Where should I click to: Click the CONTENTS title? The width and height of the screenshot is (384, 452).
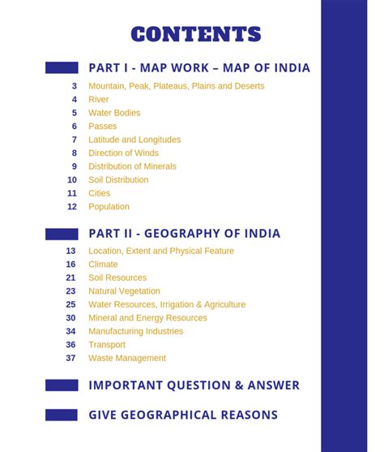coord(195,34)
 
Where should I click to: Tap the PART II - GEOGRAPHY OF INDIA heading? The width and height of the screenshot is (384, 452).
coord(184,234)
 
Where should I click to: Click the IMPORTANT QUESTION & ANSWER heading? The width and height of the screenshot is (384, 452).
coord(194,385)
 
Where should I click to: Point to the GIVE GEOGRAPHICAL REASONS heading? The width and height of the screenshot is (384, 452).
coord(183,415)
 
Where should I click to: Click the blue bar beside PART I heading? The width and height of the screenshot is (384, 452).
coord(62,68)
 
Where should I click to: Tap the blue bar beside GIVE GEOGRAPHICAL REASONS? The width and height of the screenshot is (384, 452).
coord(62,415)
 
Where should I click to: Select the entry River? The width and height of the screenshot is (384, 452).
coord(98,100)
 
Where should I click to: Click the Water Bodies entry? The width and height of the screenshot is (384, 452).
coord(114,113)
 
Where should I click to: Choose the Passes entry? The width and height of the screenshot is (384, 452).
coord(102,127)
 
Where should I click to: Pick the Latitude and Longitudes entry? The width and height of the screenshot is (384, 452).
coord(134,140)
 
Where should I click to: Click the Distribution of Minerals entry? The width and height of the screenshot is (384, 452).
coord(132,166)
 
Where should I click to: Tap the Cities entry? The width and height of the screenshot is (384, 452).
coord(99,193)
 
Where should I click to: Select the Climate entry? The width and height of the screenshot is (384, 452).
coord(103,265)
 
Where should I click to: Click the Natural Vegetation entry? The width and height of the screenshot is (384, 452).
coord(124,291)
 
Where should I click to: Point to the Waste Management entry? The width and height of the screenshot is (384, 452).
coord(127,358)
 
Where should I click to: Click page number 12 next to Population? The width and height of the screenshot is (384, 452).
coord(72,207)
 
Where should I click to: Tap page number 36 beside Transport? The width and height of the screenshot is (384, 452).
coord(71,345)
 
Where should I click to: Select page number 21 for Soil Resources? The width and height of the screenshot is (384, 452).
coord(71,278)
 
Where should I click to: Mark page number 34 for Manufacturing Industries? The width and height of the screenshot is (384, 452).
coord(71,331)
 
